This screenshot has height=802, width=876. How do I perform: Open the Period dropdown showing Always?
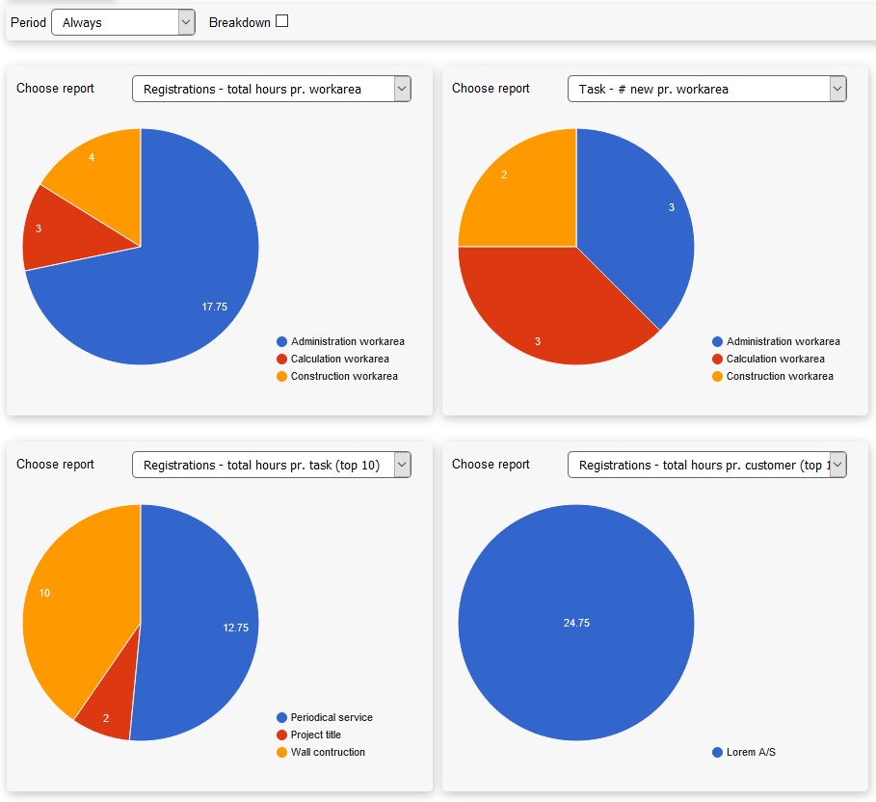(122, 22)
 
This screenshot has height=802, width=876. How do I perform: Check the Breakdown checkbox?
(281, 21)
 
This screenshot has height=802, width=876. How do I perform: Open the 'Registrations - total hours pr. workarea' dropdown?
(271, 89)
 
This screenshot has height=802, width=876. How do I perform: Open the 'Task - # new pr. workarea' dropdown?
(706, 89)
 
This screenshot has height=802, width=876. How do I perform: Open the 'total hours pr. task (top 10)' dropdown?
(271, 465)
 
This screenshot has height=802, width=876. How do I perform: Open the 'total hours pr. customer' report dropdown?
(706, 465)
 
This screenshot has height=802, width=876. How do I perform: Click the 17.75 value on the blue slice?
(214, 307)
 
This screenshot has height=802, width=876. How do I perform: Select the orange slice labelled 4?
(92, 157)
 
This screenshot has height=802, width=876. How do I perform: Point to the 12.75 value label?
(235, 628)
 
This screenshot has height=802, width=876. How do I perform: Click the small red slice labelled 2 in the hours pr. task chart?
(106, 717)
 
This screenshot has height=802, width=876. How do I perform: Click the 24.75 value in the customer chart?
(576, 623)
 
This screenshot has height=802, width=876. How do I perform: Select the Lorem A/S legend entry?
(750, 752)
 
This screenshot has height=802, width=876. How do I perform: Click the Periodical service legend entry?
(331, 717)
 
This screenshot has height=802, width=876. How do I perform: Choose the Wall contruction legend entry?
(327, 752)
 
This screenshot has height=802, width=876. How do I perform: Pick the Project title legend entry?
(315, 735)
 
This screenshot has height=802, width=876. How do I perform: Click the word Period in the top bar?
(28, 22)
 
